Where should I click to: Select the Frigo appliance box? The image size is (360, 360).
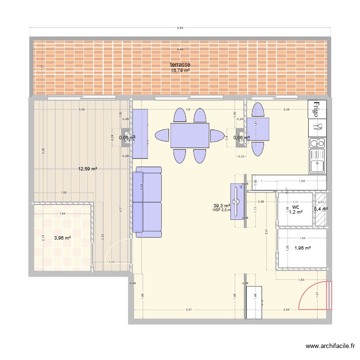[317, 109]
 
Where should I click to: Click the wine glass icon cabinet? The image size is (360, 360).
[317, 127]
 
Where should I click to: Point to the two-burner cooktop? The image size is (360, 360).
[317, 143]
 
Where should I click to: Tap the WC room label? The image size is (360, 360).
[295, 207]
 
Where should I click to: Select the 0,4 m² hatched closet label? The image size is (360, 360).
[320, 209]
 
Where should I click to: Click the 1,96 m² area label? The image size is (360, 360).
[302, 248]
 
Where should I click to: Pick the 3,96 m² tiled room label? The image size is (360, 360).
[62, 238]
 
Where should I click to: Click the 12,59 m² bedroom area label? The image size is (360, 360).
[88, 169]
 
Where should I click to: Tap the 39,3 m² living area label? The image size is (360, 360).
[222, 205]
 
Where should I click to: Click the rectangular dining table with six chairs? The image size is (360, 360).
[190, 135]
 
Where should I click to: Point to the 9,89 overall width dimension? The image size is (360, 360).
[180, 28]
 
